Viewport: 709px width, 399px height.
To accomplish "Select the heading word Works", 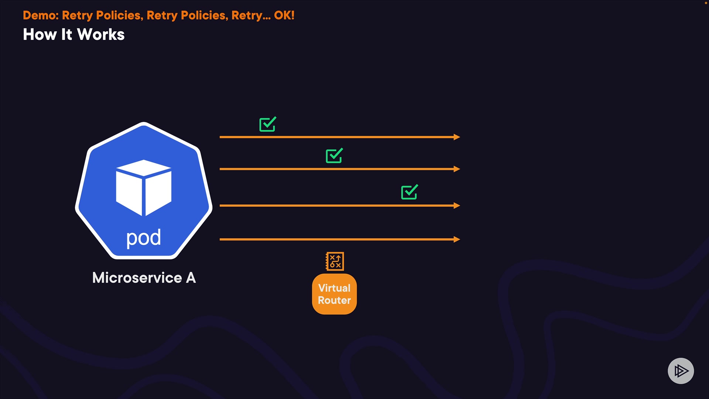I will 101,35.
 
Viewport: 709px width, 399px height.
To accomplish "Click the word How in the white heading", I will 40,35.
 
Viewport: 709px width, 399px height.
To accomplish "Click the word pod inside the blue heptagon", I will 144,238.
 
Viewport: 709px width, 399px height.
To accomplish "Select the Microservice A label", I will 144,278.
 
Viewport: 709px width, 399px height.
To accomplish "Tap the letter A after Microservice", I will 191,278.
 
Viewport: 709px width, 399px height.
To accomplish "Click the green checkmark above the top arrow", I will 268,125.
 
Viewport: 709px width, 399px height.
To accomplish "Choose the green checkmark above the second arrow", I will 334,156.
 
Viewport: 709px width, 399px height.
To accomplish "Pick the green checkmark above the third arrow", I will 410,192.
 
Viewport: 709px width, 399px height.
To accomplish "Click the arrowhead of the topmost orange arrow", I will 457,137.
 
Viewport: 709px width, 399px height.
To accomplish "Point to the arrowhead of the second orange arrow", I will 457,169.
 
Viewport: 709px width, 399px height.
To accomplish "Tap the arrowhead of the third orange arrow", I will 457,205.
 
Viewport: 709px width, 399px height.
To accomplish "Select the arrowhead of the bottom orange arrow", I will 457,239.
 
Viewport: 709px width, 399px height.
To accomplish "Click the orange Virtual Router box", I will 335,294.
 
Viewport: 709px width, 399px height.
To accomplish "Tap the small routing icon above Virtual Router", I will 335,262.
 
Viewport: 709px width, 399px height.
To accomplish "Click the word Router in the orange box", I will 335,300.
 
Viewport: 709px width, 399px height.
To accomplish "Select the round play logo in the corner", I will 681,371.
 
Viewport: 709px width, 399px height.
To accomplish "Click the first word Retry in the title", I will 77,16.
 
